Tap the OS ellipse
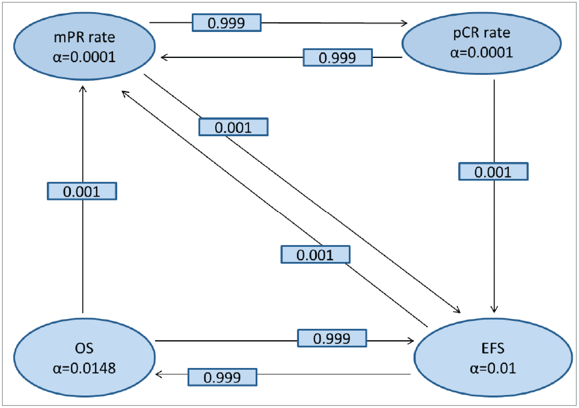tap(84, 358)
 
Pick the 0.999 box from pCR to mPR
tap(337, 58)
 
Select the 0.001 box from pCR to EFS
tap(493, 172)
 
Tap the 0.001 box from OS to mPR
tap(82, 191)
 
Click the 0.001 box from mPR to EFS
tap(233, 127)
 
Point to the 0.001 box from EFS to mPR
tap(315, 255)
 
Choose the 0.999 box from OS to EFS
tap(332, 338)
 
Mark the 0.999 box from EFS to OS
tap(222, 377)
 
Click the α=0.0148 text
tap(84, 368)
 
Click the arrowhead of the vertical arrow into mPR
tap(83, 89)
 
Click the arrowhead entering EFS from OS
tap(411, 341)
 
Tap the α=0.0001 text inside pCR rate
tap(481, 53)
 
